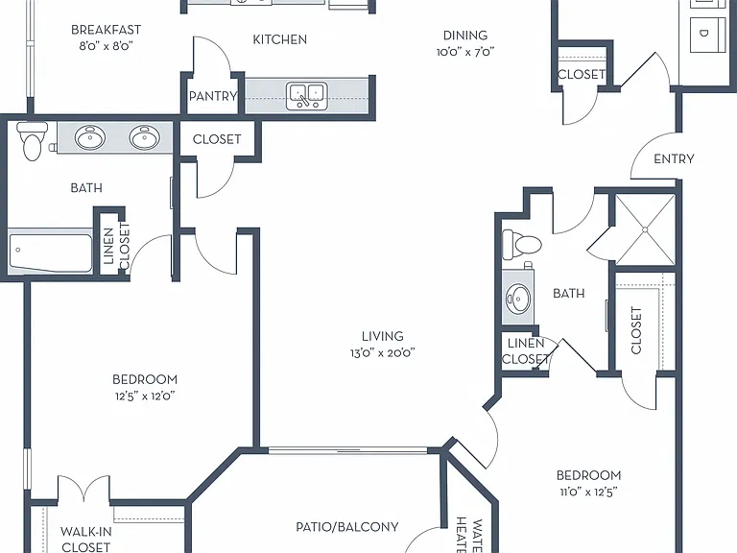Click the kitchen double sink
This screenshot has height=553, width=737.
[x=307, y=96]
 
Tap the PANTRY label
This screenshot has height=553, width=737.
[x=213, y=96]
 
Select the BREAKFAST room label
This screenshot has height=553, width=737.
[x=106, y=30]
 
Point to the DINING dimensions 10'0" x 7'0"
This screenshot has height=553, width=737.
[x=465, y=51]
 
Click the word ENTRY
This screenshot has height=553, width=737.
[x=674, y=159]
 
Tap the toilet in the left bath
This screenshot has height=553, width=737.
[x=32, y=141]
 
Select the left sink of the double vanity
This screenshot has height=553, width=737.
[x=90, y=138]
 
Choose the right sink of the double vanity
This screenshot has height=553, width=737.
[x=145, y=137]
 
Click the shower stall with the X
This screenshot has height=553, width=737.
[x=645, y=230]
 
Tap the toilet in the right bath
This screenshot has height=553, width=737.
[x=522, y=245]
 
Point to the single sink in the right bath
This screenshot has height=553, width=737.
[x=518, y=299]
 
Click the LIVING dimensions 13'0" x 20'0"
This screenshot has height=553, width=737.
[x=383, y=352]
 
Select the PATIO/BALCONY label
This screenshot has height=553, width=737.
[x=347, y=527]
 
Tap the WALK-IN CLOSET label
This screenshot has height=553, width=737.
[x=86, y=540]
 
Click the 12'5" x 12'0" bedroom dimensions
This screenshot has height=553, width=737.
[x=145, y=396]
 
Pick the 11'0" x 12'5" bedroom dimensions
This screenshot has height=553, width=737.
[x=588, y=492]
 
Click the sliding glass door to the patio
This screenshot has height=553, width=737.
[x=347, y=450]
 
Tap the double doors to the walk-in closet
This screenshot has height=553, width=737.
[x=83, y=489]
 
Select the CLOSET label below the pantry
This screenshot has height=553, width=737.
[x=217, y=139]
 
